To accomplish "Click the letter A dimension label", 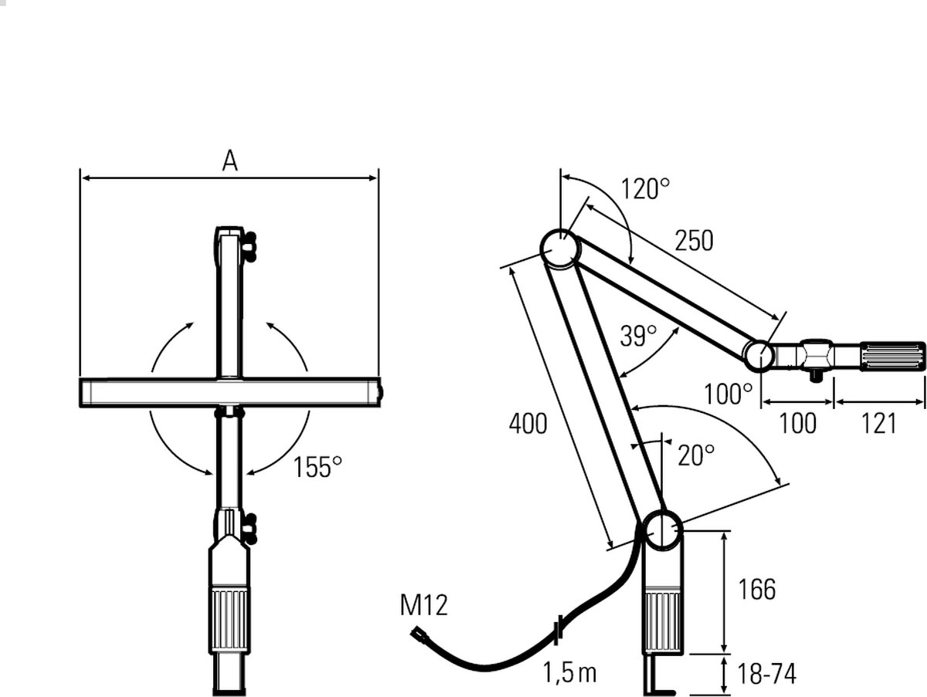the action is tap(229, 161).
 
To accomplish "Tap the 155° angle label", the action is tap(317, 467).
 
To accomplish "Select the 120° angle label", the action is tap(645, 188).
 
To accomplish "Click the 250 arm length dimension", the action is tap(694, 241).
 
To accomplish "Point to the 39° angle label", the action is tap(639, 336).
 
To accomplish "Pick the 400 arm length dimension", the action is tap(528, 424).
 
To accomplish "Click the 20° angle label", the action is tap(696, 455).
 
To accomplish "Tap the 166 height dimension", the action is tap(757, 589).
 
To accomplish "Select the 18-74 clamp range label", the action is tap(766, 673).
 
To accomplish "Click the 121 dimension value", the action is tap(878, 424).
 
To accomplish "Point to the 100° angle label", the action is tap(728, 394).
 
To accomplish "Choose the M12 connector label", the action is tap(423, 605).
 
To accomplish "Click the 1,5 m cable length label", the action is tap(569, 672).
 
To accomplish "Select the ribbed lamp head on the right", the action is tap(893, 357).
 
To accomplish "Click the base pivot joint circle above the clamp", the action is tap(662, 530).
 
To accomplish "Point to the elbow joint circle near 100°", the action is tap(759, 357).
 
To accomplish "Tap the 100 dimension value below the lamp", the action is tap(797, 424).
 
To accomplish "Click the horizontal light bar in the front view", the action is tap(230, 392).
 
